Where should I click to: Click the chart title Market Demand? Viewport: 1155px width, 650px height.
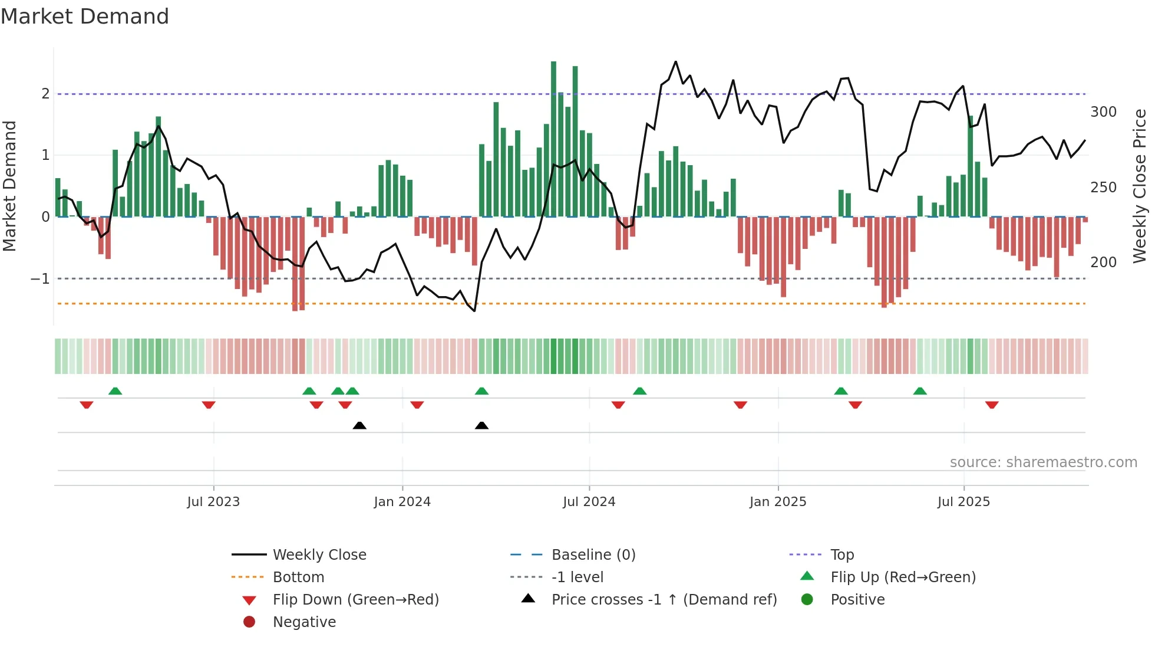(85, 16)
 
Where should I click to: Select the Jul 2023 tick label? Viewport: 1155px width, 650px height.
(213, 502)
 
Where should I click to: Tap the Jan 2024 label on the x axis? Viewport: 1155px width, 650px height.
(402, 502)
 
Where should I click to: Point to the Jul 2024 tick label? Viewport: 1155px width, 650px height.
(589, 502)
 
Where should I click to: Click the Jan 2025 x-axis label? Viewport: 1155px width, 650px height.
(777, 502)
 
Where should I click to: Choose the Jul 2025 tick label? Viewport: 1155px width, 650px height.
(963, 502)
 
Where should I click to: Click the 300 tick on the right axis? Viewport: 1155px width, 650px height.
(1103, 112)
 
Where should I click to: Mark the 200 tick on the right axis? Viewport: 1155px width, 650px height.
(1103, 262)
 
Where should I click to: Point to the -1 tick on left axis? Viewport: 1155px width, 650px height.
(40, 278)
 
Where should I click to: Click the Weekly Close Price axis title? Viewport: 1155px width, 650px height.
(1140, 185)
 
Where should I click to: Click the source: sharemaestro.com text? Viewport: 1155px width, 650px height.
(1043, 462)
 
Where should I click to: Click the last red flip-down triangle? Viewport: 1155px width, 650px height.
(992, 405)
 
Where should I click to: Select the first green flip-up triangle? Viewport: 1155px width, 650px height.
(115, 391)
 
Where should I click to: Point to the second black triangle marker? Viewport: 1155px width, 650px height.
(481, 425)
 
